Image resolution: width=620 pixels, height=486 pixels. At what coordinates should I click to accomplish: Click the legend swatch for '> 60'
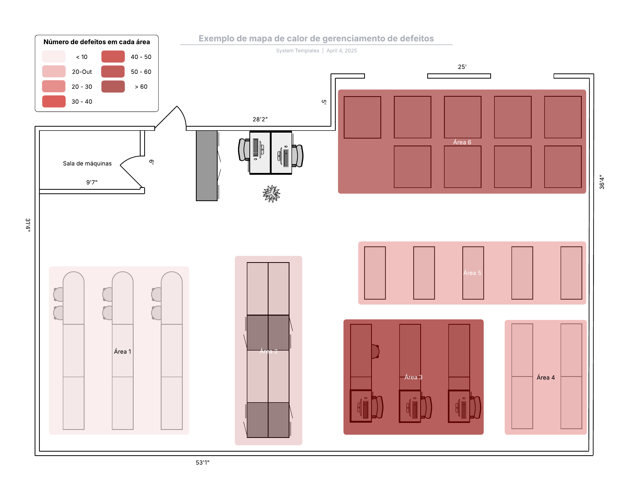point(113,87)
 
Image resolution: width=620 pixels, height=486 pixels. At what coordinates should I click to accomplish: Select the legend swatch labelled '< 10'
point(54,56)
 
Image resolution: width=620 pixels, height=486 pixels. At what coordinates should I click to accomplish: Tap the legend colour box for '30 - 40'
point(54,101)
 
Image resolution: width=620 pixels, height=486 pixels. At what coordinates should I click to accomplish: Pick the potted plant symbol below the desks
point(271,194)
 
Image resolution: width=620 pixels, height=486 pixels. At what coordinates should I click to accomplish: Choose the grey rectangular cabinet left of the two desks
point(207,166)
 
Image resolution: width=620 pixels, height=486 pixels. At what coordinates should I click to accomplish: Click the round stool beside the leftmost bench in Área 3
point(376,351)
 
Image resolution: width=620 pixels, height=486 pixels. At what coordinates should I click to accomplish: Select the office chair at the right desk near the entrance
point(297,156)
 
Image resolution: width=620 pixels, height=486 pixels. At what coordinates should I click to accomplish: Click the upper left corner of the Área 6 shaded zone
point(338,90)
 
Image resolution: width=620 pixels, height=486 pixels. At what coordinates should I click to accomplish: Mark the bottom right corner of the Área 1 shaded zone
point(189,435)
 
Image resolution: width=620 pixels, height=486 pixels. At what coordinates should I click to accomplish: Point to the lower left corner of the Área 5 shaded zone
point(358,305)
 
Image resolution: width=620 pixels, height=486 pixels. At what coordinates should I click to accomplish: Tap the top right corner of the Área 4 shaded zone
point(587,320)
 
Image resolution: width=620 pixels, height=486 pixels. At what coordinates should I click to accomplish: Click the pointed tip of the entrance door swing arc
point(177,106)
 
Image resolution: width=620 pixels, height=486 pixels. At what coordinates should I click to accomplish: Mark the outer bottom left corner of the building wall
point(35,455)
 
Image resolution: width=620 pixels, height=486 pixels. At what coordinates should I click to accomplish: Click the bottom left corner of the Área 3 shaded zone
point(343,435)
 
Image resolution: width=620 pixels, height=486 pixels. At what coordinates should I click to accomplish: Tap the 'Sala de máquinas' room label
point(87,163)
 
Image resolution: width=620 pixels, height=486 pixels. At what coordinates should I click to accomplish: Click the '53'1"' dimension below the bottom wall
point(203,462)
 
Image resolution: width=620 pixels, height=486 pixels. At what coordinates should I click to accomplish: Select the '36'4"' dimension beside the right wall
point(601,182)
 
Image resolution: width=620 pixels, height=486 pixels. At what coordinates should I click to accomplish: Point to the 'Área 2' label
point(269,351)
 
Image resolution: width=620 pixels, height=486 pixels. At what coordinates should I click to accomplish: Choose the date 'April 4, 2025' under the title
point(342,50)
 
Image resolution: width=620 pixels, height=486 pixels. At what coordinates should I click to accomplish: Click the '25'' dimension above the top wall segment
point(462,67)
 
